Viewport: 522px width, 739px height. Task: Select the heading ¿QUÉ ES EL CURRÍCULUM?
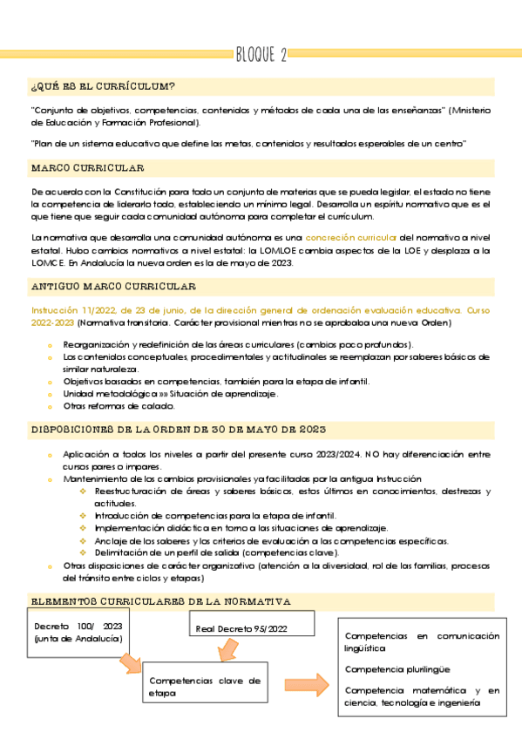(103, 86)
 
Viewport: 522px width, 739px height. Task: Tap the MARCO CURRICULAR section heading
(87, 167)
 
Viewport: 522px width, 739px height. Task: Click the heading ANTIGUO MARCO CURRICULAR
(113, 286)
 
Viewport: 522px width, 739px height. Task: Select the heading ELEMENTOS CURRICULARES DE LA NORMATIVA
(160, 601)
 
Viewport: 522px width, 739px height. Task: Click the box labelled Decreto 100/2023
(78, 633)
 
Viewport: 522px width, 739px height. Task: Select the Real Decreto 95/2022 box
(241, 627)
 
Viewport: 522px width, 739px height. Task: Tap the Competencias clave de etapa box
(204, 686)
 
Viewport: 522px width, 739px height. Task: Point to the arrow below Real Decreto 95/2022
(228, 652)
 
